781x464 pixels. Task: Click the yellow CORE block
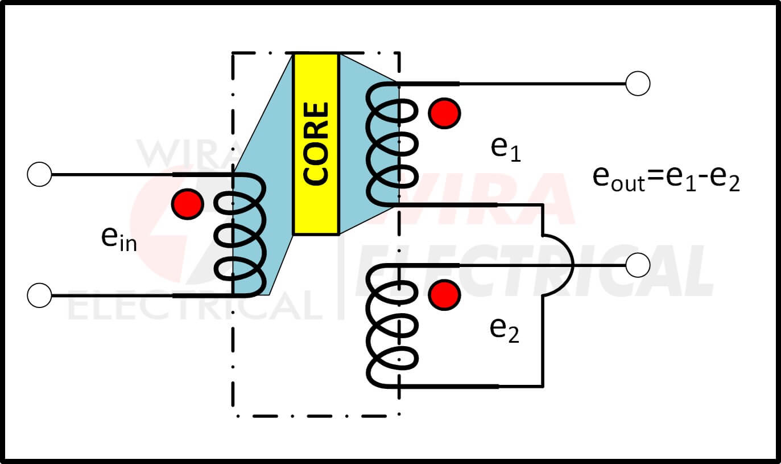point(316,144)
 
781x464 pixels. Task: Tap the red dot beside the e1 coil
point(444,113)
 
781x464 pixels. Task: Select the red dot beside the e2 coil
point(444,295)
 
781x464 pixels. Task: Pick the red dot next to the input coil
point(188,204)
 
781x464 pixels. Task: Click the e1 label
point(506,149)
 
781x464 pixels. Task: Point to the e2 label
point(505,330)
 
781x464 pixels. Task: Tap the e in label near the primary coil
point(119,239)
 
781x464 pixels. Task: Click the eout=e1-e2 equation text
point(666,179)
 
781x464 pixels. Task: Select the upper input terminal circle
point(39,174)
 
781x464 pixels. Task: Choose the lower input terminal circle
point(39,295)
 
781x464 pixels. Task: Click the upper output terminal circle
point(638,83)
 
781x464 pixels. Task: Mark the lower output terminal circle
point(638,265)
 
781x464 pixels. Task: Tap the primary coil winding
point(241,235)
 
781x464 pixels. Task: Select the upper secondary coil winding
point(391,144)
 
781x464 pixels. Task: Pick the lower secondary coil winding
point(391,326)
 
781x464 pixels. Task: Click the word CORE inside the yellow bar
point(316,143)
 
